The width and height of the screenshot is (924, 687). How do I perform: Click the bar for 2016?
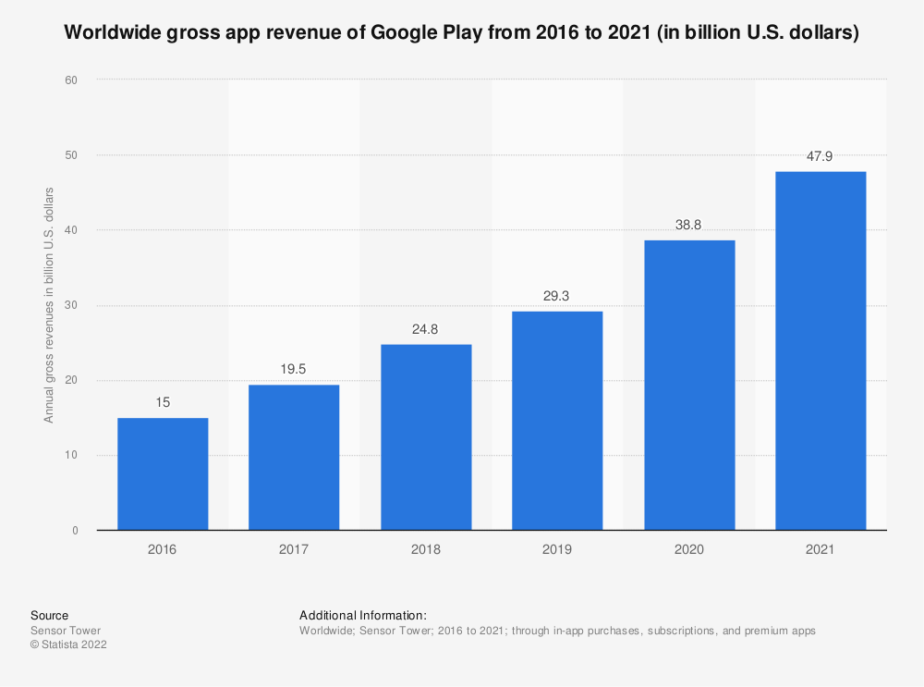tap(163, 473)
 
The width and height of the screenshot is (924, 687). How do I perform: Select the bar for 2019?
tap(557, 421)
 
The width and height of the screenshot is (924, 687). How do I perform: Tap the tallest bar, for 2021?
tap(821, 350)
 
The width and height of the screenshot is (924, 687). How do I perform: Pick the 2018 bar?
tap(426, 437)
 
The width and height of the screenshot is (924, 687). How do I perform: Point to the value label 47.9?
tap(821, 156)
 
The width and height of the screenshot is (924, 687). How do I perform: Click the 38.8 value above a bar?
tap(689, 225)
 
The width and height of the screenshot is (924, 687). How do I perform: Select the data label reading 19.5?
tap(294, 369)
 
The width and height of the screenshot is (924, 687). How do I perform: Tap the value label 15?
tap(163, 402)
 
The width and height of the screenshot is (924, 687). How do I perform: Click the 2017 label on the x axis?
tap(294, 549)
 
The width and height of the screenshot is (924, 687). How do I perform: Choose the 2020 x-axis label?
tap(689, 549)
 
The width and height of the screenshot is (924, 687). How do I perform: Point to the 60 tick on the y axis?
tap(70, 80)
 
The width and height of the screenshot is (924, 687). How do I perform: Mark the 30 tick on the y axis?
tap(70, 305)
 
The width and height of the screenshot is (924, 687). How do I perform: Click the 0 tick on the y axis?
tap(73, 531)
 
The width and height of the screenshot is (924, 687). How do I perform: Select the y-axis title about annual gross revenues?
tap(49, 305)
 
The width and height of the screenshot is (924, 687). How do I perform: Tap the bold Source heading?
tap(49, 615)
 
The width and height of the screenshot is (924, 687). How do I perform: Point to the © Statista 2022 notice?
tap(68, 645)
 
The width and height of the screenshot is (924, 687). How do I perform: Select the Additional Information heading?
tap(362, 615)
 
